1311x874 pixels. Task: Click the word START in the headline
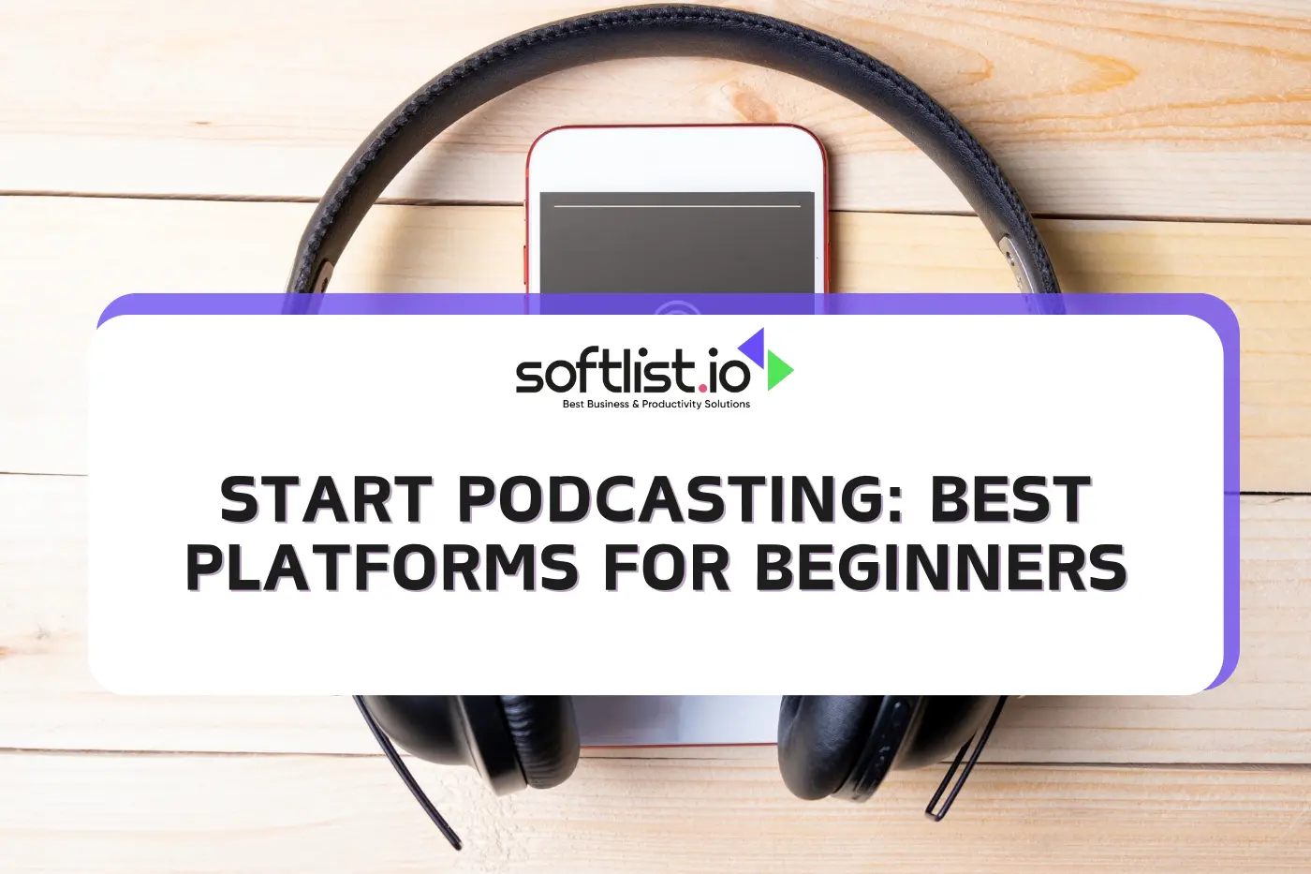coord(326,499)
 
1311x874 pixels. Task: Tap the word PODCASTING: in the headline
coord(682,499)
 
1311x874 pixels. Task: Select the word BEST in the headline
coord(1010,499)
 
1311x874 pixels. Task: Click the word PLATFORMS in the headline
coord(382,568)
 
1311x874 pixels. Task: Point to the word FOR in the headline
coord(666,568)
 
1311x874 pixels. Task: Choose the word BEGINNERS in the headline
coord(940,568)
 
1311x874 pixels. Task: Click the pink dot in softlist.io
coord(702,385)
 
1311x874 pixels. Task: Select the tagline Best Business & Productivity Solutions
coord(655,405)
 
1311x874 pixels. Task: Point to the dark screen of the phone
coord(677,248)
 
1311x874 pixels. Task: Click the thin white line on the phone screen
coord(677,205)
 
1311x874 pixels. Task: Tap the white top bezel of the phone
coord(676,159)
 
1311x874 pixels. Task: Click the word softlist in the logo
coord(605,373)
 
